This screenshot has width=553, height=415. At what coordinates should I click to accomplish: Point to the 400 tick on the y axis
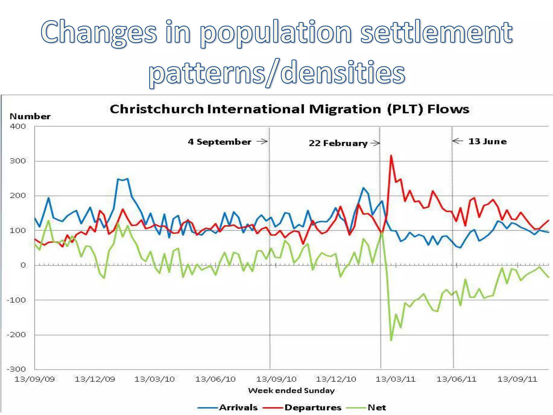18,126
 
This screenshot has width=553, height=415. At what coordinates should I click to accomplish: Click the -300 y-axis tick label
16,369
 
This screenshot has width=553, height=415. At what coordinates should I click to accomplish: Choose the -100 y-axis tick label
16,300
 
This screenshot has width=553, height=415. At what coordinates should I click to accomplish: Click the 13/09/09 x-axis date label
35,379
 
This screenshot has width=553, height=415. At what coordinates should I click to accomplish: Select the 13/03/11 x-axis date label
396,379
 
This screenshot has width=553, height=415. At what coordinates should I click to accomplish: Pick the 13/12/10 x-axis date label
336,379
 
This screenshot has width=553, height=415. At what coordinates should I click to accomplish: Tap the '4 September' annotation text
220,142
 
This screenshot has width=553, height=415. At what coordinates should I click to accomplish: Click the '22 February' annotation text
338,143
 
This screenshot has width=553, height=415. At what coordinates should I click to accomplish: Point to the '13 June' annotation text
487,141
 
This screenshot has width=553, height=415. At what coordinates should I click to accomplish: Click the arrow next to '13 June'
458,141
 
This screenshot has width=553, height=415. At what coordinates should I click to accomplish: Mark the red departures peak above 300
391,156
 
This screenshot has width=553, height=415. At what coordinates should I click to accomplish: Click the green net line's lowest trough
391,340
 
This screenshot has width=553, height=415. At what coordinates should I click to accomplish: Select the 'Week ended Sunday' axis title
291,391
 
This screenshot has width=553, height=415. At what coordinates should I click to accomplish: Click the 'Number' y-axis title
30,116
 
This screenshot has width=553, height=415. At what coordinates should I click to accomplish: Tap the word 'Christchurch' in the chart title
157,109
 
